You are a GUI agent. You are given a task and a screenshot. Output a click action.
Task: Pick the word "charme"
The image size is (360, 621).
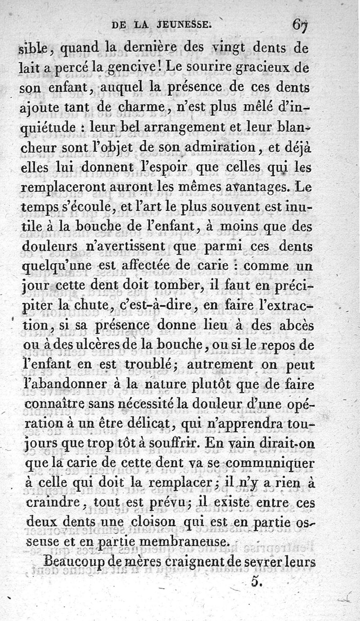[131, 109]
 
